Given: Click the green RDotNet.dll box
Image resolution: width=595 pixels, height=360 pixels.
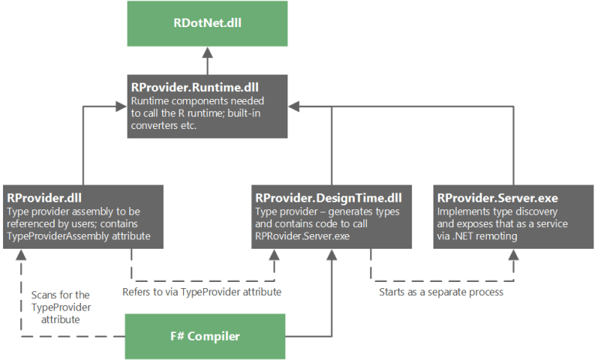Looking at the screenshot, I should point(206,23).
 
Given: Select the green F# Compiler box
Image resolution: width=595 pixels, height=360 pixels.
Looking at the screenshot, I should point(206,337).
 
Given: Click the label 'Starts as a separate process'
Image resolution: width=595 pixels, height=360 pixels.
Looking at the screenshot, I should point(440,293).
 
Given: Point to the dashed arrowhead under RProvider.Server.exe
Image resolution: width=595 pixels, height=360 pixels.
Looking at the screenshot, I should point(512,254).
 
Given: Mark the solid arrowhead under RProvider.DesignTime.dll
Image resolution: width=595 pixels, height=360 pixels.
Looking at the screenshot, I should point(331,254).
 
